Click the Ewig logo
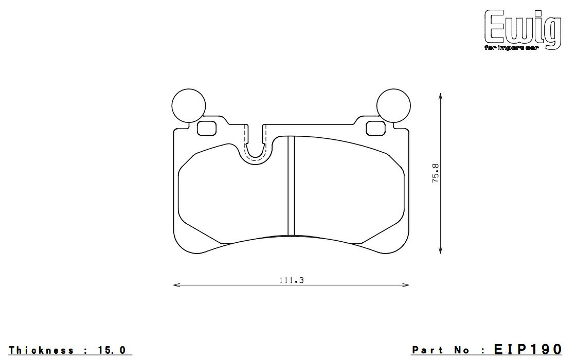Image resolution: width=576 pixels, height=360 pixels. click(x=523, y=29)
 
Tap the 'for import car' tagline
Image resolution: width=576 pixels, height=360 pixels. click(x=511, y=48)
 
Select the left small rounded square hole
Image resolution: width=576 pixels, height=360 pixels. click(x=207, y=128)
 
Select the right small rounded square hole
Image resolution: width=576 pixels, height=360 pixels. click(x=376, y=128)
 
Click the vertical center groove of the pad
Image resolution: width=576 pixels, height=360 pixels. click(x=291, y=186)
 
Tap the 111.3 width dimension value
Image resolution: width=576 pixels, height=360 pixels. click(x=292, y=280)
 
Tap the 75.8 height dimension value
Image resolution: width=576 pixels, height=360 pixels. click(x=436, y=173)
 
